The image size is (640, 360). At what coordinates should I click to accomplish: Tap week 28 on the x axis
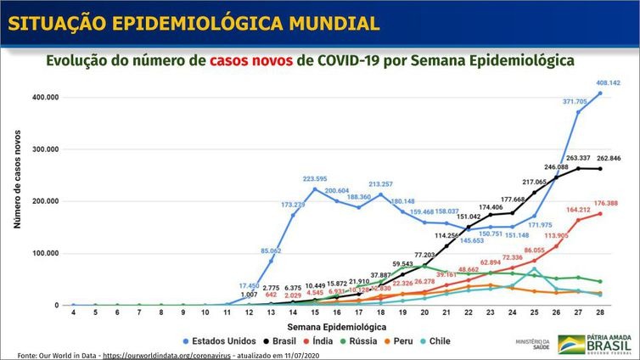pos(601,313)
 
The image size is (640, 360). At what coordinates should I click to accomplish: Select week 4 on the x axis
pos(73,313)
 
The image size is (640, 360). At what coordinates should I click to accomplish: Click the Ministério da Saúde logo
pos(531,343)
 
